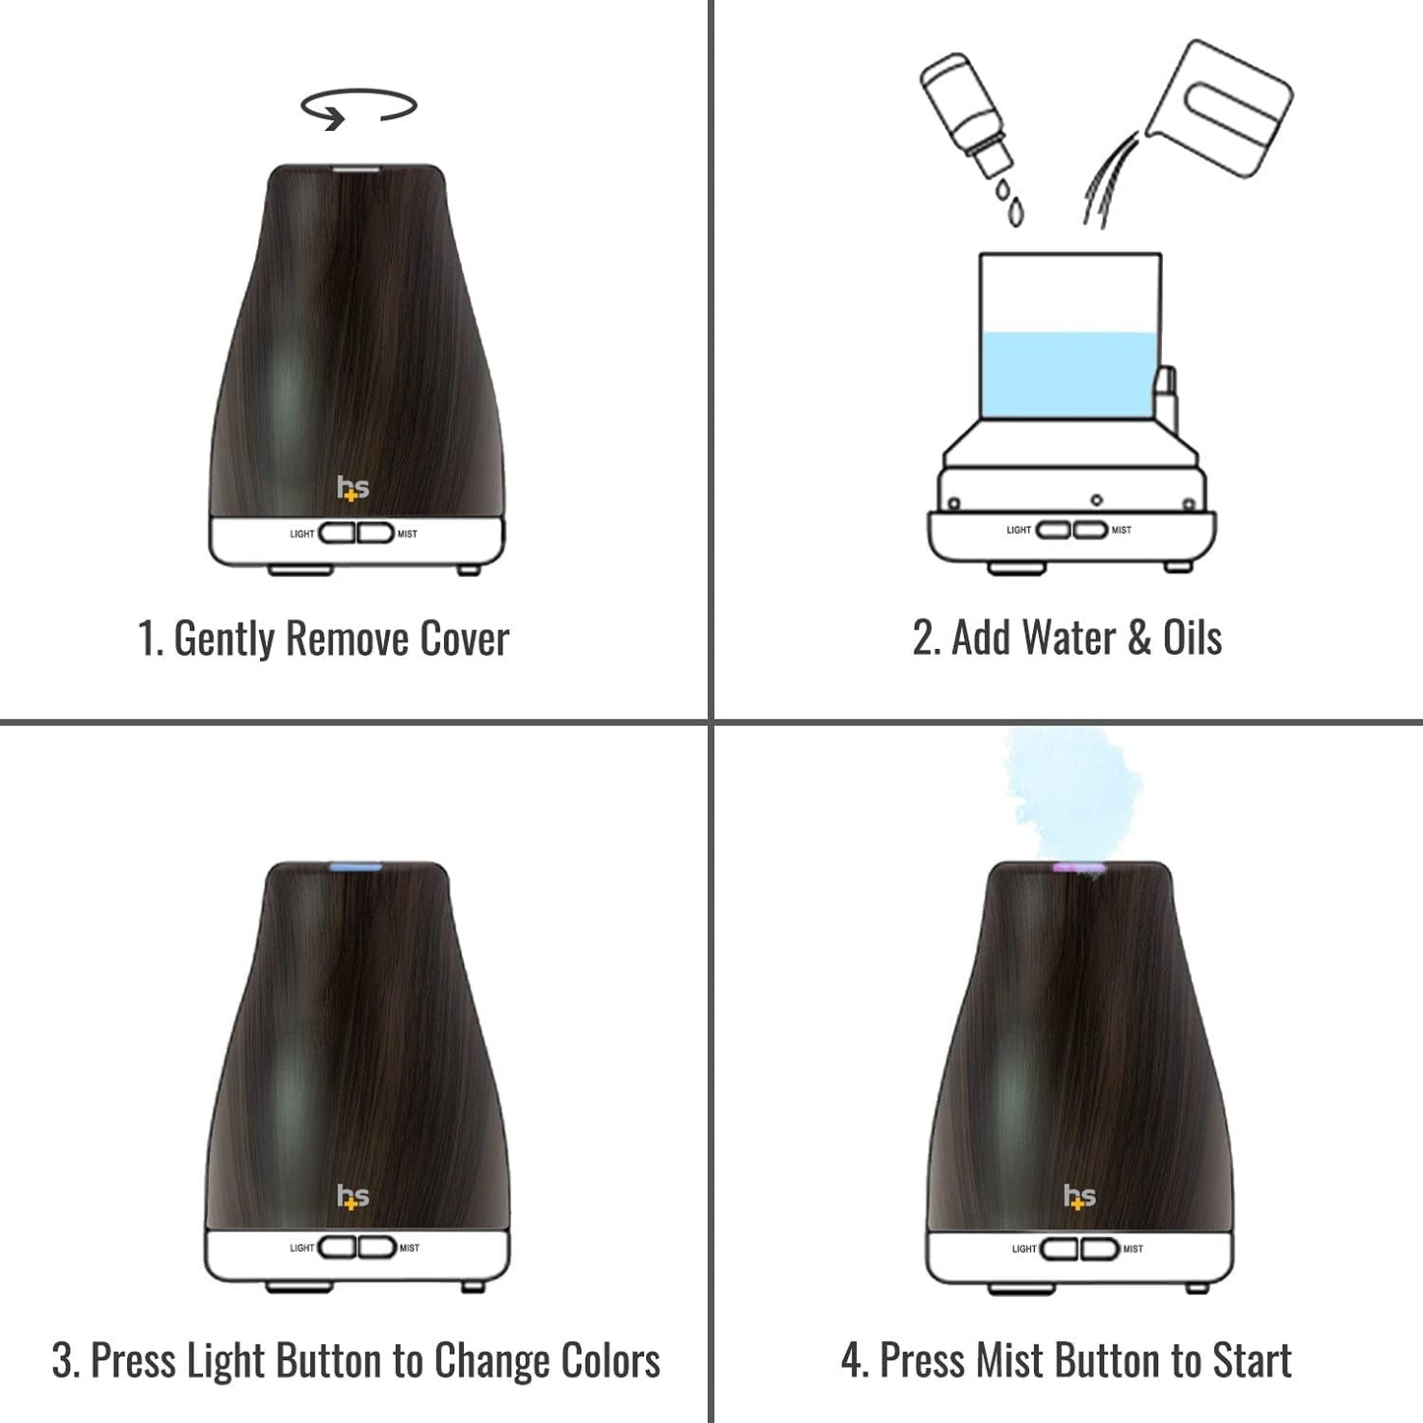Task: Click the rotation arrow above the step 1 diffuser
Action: (x=358, y=107)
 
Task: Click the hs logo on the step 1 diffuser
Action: (x=353, y=487)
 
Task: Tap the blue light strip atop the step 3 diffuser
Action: (x=356, y=868)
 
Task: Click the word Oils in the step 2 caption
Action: (x=1192, y=638)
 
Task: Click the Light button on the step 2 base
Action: (x=1053, y=530)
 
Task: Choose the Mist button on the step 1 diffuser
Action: (x=375, y=533)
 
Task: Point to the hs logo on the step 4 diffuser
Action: (x=1079, y=1197)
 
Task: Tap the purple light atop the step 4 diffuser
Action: (x=1077, y=869)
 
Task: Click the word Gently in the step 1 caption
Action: (x=224, y=638)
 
